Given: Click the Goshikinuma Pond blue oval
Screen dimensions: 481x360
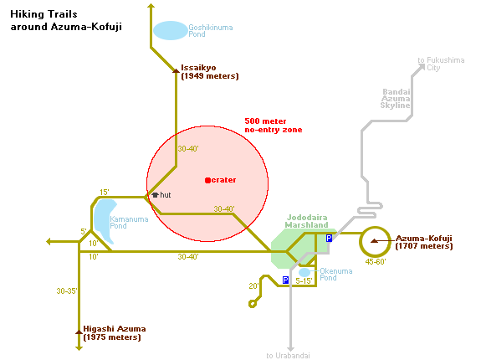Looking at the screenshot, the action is click(171, 30).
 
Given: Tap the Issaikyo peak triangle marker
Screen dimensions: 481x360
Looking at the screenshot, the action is click(176, 71).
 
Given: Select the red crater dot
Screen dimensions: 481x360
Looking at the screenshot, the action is click(207, 180).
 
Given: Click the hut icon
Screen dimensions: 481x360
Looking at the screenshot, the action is click(156, 195).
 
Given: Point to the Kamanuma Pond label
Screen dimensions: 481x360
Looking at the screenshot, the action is click(129, 223).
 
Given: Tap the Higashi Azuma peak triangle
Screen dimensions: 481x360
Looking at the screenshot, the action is click(79, 332).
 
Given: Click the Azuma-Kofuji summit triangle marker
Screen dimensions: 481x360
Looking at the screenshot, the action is click(374, 241).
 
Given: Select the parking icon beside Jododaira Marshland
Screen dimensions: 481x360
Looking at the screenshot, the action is click(329, 238).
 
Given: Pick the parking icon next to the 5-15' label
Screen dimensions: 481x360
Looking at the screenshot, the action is click(285, 280).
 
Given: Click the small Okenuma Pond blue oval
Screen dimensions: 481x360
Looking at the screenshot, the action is click(304, 272).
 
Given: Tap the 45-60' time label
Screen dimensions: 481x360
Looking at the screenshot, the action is click(376, 262).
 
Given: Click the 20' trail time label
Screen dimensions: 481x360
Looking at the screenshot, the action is click(253, 286).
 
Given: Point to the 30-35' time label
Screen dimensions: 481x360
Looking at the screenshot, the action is click(67, 291).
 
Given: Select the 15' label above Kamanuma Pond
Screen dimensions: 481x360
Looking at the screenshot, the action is click(105, 192).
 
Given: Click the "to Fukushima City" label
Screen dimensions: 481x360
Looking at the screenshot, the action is click(441, 64).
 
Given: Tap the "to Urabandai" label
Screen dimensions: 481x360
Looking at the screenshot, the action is click(288, 356).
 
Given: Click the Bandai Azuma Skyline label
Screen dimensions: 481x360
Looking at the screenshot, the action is click(396, 99).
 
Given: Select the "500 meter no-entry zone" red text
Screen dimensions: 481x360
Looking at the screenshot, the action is click(274, 126).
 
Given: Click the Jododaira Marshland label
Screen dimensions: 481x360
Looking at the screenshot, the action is click(306, 221).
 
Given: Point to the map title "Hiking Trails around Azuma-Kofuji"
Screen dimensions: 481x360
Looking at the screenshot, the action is click(66, 21).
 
